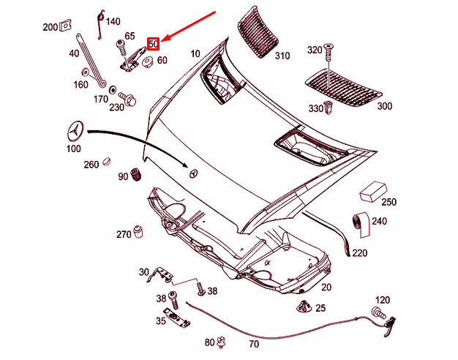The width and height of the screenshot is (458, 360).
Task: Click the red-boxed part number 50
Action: click(153, 43)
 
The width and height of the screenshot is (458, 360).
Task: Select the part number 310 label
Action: click(282, 56)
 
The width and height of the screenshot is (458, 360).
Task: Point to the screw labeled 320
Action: click(329, 52)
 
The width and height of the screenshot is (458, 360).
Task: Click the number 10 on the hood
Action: click(195, 54)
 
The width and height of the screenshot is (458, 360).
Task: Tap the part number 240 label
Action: click(379, 220)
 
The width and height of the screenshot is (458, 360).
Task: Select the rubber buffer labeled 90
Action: click(135, 176)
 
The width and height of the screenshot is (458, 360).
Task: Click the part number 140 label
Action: click(113, 21)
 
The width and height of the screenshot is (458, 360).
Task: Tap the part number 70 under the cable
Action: click(254, 342)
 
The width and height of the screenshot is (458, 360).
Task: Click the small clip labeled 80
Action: click(223, 341)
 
